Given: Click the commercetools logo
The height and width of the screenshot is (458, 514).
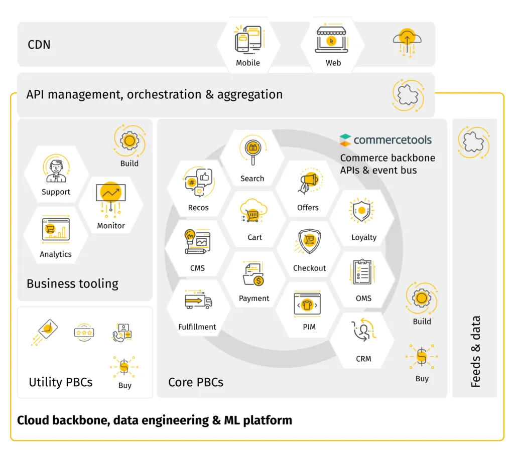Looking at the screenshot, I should click(x=385, y=139).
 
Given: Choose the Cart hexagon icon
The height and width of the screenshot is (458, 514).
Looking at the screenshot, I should click(x=250, y=211).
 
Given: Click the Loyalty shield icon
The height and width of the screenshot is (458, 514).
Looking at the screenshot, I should click(x=361, y=210).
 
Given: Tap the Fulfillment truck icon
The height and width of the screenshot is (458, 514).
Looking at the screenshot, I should click(x=198, y=301).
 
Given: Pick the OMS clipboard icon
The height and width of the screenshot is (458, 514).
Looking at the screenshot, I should click(x=363, y=272).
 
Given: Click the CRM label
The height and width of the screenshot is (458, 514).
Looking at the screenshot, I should click(x=363, y=359).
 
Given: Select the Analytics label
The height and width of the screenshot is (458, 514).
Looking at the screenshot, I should click(x=56, y=254).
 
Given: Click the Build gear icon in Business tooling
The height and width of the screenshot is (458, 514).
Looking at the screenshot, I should click(x=130, y=141).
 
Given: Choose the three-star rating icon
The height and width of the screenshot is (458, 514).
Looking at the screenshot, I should click(x=84, y=332).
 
